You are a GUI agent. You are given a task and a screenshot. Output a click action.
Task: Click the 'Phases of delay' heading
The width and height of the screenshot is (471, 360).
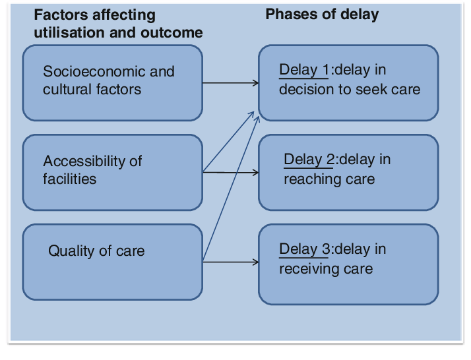coord(322,15)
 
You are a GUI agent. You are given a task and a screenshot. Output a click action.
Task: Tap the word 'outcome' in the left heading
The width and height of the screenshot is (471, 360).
coord(172,32)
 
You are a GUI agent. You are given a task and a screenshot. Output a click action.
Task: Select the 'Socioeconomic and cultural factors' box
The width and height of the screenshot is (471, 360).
coord(113,83)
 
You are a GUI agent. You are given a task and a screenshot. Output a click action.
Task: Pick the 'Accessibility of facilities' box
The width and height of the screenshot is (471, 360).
coord(113,172)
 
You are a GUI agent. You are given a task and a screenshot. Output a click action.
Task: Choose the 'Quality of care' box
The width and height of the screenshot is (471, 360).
coord(113,262)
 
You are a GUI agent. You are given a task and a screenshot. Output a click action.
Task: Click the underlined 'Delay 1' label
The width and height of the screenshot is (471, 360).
coord(304,71)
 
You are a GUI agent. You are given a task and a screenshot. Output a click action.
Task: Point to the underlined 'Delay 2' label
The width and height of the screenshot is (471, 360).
coord(309,160)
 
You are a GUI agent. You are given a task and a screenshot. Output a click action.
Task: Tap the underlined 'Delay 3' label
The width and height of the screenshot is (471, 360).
coord(304,249)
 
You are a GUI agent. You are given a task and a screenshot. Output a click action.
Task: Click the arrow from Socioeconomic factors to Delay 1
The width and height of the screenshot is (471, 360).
coord(231,83)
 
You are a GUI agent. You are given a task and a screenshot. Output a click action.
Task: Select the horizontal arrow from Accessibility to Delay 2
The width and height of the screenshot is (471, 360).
coord(231,172)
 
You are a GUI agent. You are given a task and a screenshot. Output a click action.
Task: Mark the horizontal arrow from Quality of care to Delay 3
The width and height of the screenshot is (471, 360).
coord(231,262)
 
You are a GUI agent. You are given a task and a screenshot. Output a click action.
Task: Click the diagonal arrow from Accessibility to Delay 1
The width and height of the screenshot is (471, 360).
coord(229,141)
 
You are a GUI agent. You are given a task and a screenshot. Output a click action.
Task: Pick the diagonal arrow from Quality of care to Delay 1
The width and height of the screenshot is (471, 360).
coord(232,188)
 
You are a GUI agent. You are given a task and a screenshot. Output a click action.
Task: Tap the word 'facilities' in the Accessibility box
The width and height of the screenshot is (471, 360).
coord(70,179)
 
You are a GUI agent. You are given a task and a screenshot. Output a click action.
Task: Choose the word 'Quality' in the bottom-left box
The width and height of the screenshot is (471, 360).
coord(71,251)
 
